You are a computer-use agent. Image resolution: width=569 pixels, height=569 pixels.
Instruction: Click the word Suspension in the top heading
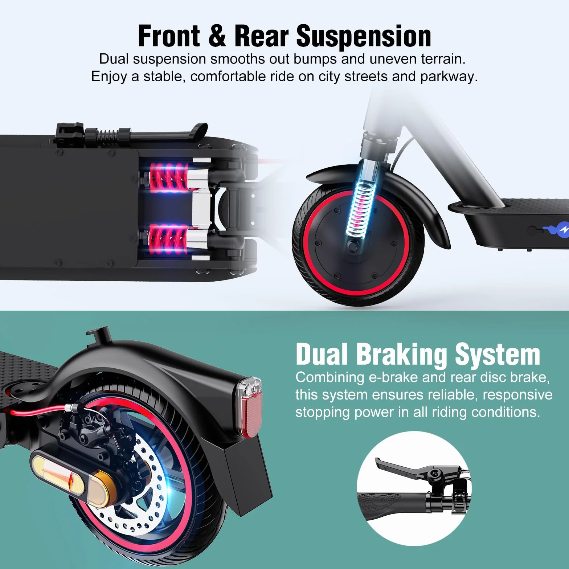[x=364, y=36]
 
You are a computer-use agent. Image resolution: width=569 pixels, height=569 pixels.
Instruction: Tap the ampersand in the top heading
[x=217, y=36]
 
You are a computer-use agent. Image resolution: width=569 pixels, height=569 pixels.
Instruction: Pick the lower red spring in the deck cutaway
[x=169, y=238]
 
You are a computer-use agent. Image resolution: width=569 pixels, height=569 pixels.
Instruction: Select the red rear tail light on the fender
[x=250, y=403]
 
